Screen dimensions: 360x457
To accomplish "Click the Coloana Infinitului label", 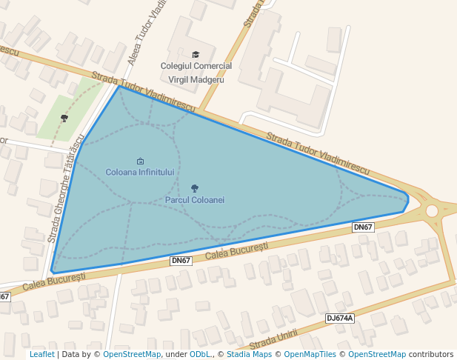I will pos(140,172).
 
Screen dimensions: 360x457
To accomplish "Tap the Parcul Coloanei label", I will pos(195,200).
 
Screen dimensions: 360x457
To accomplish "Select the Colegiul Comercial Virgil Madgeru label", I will pos(196,73).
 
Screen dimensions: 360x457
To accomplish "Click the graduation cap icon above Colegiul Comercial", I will pos(196,54).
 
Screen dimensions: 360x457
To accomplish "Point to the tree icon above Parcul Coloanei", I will pos(195,189).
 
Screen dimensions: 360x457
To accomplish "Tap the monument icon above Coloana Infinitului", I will pos(140,161).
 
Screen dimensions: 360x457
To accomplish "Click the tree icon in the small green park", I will pos(64,118).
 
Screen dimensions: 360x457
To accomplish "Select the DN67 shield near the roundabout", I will pos(363,227).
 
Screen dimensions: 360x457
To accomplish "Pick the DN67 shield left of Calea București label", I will pos(181,261).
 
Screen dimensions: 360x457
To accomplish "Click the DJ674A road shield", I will pos(340,319).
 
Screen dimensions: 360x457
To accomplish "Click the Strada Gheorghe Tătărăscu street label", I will pos(65,189).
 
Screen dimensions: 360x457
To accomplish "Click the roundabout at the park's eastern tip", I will pos(432,211).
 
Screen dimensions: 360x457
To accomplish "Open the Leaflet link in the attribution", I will pos(41,354).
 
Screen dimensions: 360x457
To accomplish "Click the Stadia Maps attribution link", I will pos(249,354).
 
